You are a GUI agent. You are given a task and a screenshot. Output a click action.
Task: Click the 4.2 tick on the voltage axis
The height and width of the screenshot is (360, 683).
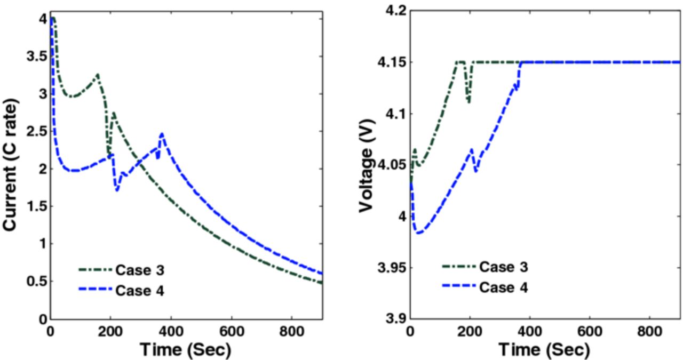tap(392, 11)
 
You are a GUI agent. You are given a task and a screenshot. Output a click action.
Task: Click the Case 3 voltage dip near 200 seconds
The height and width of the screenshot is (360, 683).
tap(469, 101)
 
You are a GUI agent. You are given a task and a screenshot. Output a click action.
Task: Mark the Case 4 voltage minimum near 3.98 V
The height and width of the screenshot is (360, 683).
tap(419, 233)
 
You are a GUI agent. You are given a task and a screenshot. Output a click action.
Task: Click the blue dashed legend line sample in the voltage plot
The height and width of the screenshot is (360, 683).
tap(459, 287)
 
